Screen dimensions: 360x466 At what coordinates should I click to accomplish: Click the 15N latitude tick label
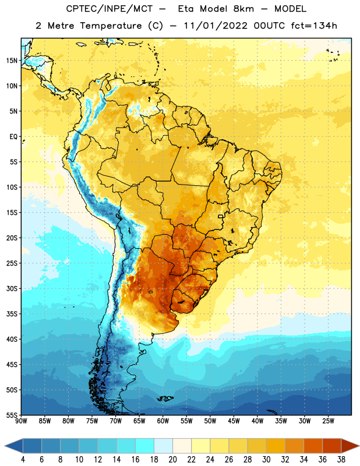click(x=12, y=61)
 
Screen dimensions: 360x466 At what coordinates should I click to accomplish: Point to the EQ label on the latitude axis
click(x=13, y=137)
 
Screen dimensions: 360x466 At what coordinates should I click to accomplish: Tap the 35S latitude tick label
click(x=12, y=314)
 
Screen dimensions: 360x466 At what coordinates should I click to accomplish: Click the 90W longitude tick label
click(x=21, y=421)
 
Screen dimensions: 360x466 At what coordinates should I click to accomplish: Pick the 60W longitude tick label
click(x=163, y=421)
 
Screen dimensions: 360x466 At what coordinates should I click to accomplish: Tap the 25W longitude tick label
click(x=328, y=421)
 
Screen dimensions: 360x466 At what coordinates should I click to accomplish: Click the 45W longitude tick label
click(x=234, y=421)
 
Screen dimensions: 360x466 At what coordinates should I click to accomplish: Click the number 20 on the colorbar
click(x=172, y=460)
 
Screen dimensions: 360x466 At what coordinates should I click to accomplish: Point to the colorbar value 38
click(x=341, y=460)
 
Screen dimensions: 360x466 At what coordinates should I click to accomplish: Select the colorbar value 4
click(x=23, y=460)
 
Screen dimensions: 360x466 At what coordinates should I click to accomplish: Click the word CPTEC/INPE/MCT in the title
click(x=110, y=9)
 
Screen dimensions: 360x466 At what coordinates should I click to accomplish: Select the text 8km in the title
click(x=243, y=9)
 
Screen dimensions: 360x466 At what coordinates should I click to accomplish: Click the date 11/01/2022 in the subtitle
click(x=216, y=26)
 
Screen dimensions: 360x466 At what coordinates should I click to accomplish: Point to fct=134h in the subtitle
click(x=314, y=26)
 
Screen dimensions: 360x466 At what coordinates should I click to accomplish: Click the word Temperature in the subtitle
click(x=111, y=26)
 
